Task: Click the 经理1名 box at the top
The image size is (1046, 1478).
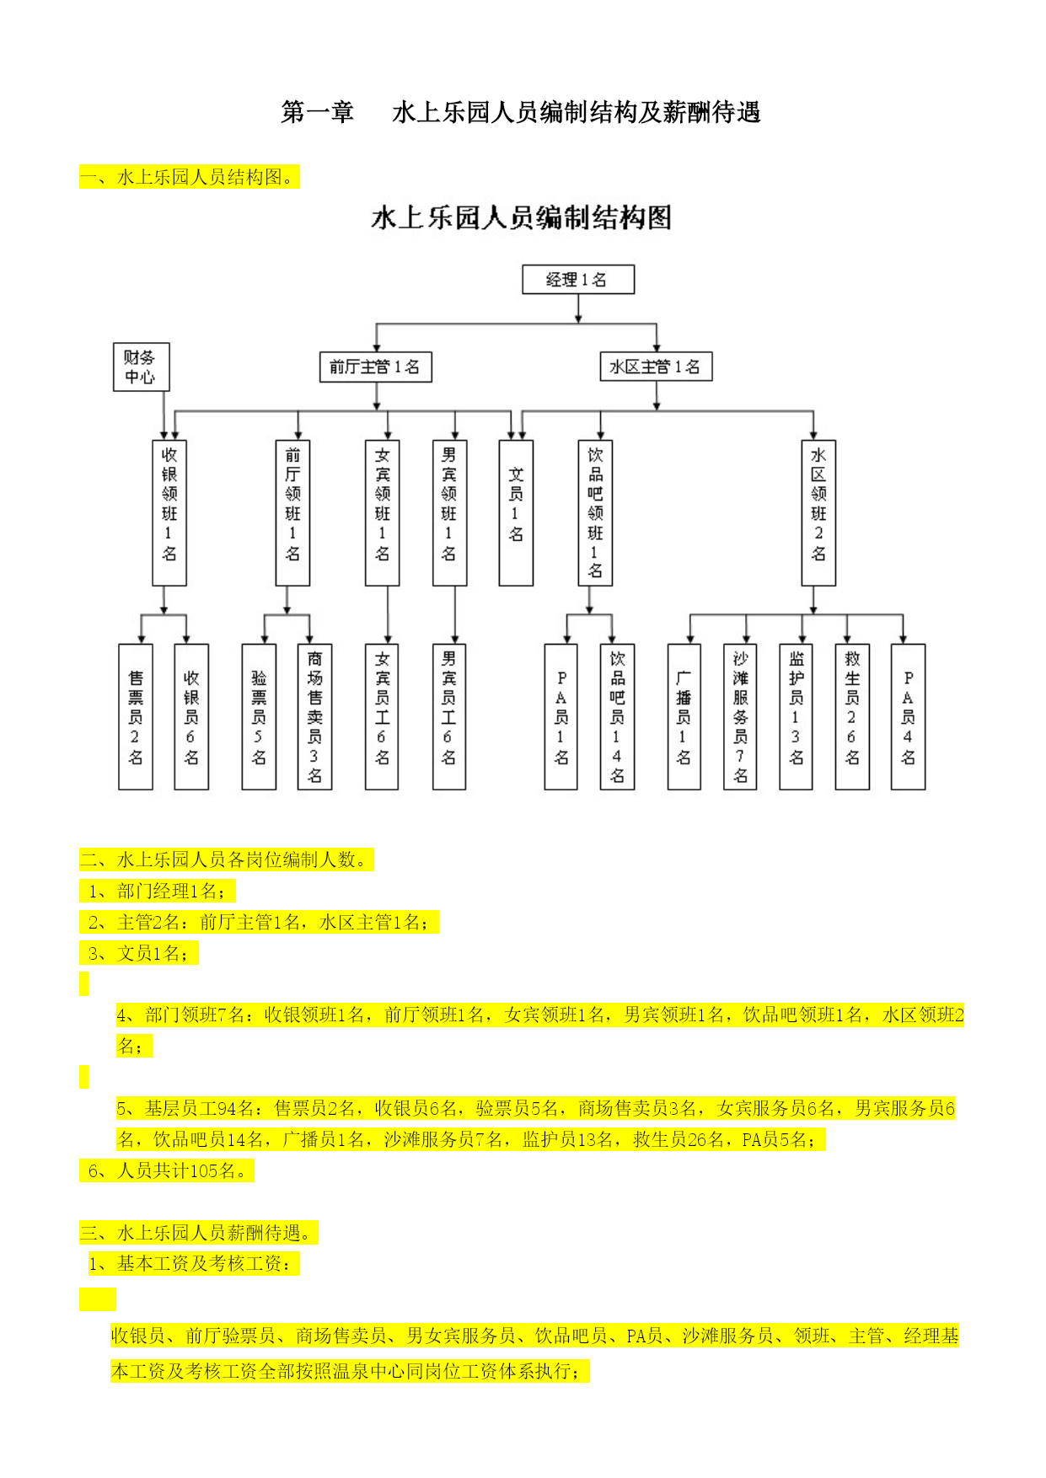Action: (x=578, y=280)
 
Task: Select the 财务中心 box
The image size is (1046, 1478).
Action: (x=142, y=367)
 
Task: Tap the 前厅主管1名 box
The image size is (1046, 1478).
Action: (x=376, y=367)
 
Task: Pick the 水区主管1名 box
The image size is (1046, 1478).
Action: (x=656, y=367)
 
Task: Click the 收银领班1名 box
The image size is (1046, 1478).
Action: (x=169, y=512)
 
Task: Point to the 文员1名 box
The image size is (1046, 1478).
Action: (x=516, y=512)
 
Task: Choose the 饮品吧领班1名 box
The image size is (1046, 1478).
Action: (x=595, y=512)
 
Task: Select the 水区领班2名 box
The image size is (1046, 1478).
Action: (x=818, y=512)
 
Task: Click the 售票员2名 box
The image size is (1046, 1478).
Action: (x=136, y=717)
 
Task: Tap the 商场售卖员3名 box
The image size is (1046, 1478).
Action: (x=314, y=717)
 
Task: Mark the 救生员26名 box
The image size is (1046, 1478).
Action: (x=852, y=717)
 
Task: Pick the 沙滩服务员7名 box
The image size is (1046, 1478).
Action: (x=740, y=717)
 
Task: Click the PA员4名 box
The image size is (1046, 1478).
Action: (x=909, y=717)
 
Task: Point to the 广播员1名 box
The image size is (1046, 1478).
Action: (x=684, y=717)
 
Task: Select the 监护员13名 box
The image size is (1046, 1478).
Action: (x=796, y=717)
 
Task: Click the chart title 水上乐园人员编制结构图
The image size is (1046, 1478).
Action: (x=522, y=218)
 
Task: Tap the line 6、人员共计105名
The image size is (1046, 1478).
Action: (x=167, y=1170)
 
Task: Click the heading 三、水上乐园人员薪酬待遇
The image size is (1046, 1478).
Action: (x=199, y=1233)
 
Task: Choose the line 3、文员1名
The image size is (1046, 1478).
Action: (x=139, y=953)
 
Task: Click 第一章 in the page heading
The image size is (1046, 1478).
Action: (x=318, y=112)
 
